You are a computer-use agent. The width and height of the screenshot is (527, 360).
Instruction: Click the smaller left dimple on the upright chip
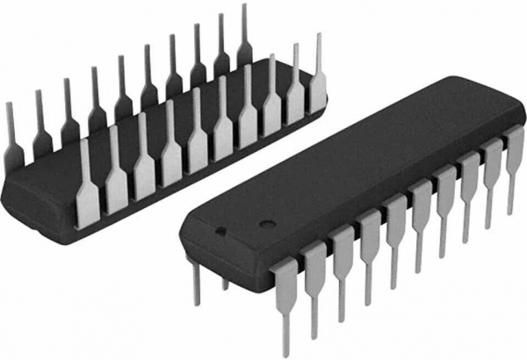(x=221, y=232)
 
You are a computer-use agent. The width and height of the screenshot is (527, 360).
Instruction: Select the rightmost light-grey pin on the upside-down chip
(x=318, y=83)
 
